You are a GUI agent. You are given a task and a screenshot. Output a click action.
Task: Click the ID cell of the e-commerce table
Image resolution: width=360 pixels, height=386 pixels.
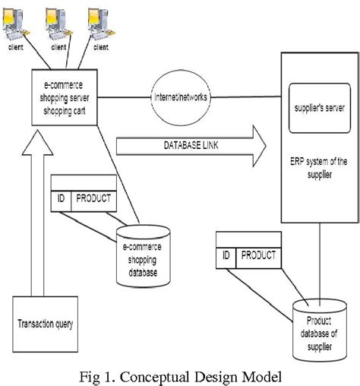[x=61, y=200]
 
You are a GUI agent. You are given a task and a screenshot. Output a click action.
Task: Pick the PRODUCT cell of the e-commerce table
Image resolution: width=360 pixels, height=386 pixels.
[x=94, y=200]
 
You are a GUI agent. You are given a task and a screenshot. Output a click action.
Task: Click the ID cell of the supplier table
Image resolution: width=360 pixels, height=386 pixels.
[x=226, y=256]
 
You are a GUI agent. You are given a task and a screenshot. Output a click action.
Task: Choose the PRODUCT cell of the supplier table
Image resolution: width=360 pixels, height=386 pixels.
[x=259, y=256]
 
